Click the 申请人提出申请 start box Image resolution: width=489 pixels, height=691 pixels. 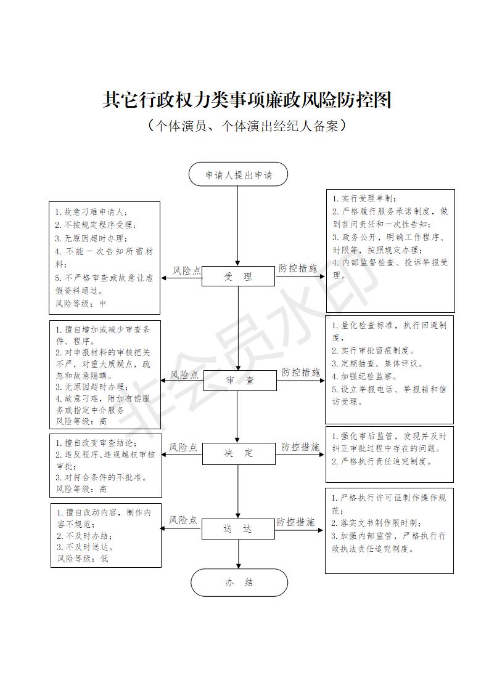click(x=238, y=175)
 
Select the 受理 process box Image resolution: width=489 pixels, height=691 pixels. click(x=238, y=277)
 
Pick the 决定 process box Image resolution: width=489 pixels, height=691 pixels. click(x=239, y=454)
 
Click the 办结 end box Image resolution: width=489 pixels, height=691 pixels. click(x=239, y=582)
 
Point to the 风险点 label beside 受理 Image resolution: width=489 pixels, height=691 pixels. click(x=187, y=270)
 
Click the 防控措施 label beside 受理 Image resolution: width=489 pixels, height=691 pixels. click(x=298, y=269)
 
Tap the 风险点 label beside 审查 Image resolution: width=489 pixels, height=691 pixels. click(x=184, y=374)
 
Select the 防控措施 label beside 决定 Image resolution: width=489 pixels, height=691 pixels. click(x=301, y=447)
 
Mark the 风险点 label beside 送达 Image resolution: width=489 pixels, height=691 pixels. click(x=184, y=521)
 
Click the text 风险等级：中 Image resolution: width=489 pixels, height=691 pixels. click(x=81, y=304)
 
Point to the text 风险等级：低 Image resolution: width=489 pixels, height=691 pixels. click(x=83, y=559)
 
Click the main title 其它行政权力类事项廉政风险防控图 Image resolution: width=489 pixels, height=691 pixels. click(x=247, y=100)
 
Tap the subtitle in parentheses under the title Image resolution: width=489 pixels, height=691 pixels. click(x=245, y=126)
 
